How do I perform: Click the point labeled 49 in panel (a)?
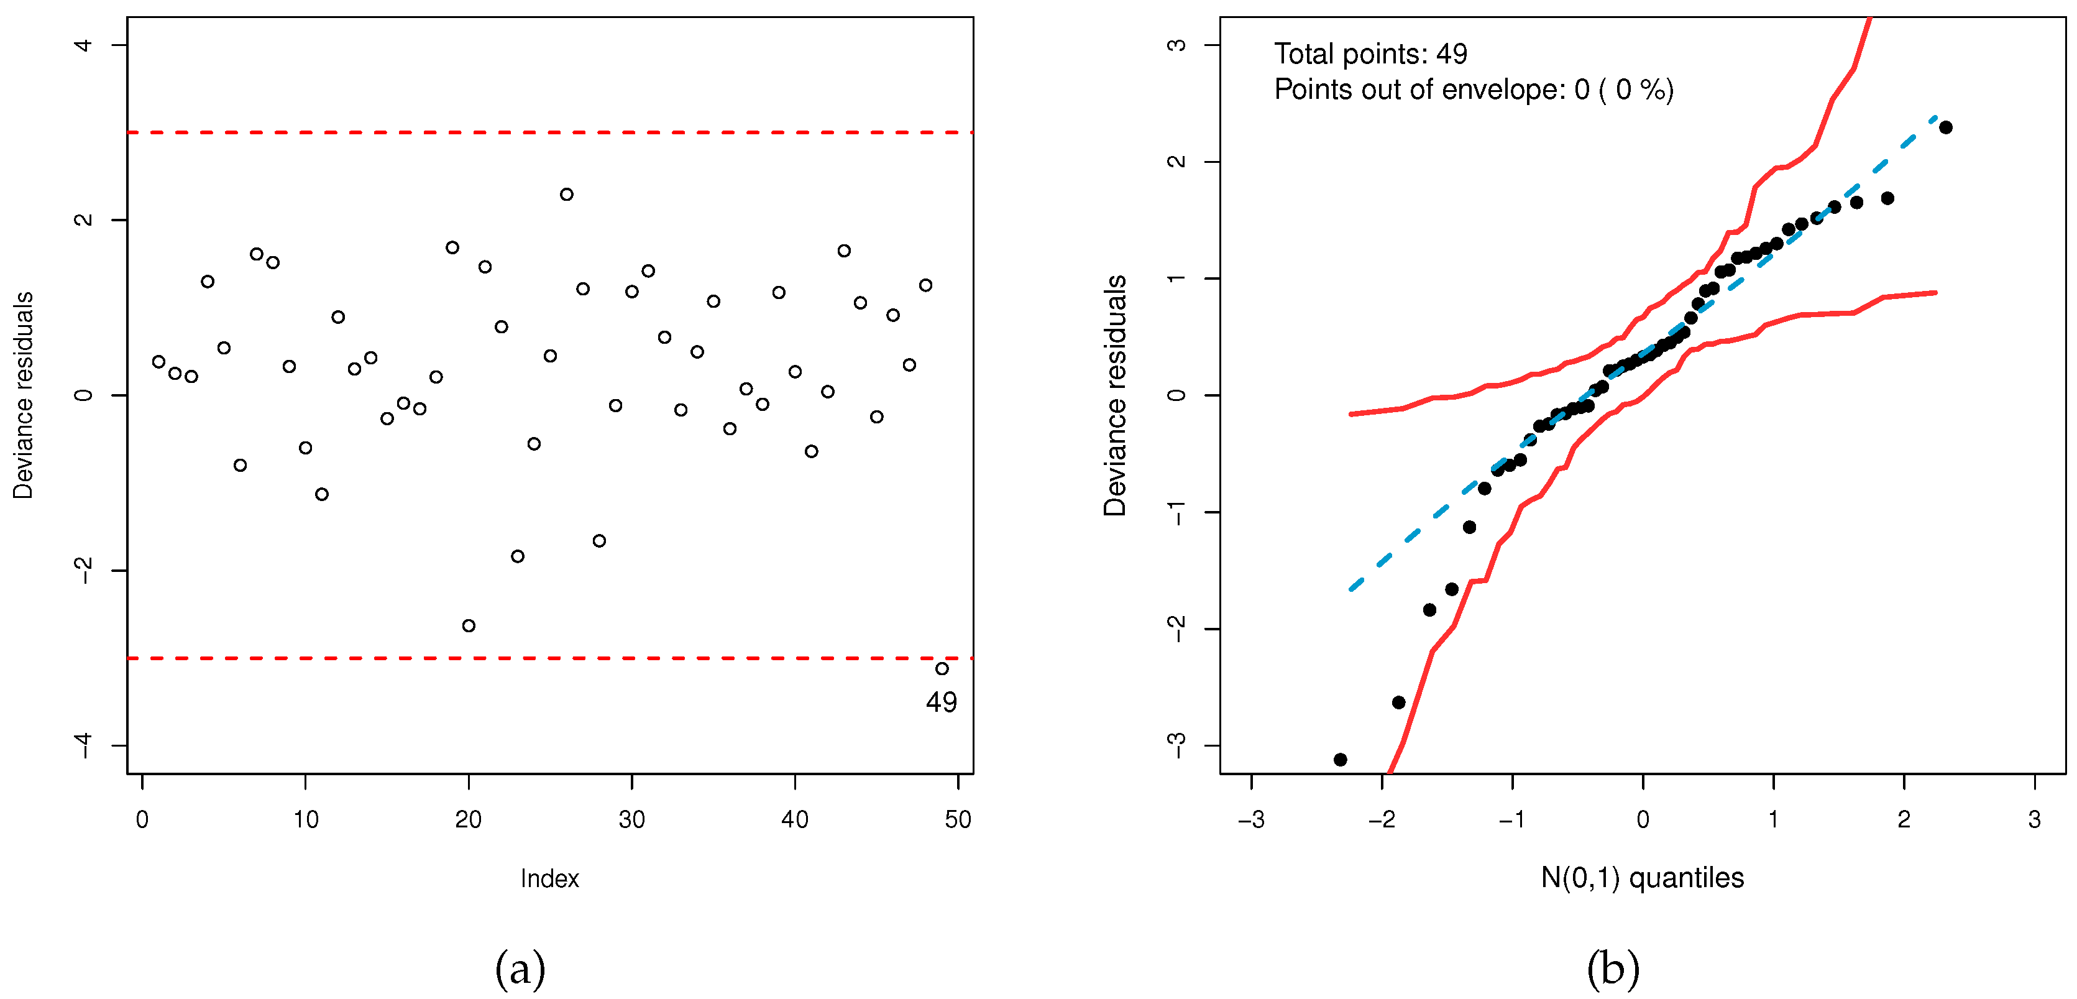[x=941, y=668]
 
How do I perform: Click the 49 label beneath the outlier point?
[x=941, y=702]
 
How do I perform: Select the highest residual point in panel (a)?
[x=566, y=195]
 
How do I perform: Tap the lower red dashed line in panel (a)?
[x=548, y=658]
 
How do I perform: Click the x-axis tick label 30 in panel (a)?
[x=631, y=820]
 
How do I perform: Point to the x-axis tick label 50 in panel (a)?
[x=957, y=820]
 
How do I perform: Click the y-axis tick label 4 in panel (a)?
[x=83, y=45]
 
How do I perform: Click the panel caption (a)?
[x=520, y=969]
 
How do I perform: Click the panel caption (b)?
[x=1613, y=969]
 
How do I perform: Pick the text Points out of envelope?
[x=1419, y=90]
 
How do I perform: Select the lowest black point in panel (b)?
[x=1340, y=760]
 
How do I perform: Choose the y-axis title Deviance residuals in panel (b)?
[x=1115, y=395]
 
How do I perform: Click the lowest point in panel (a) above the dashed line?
[x=469, y=625]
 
